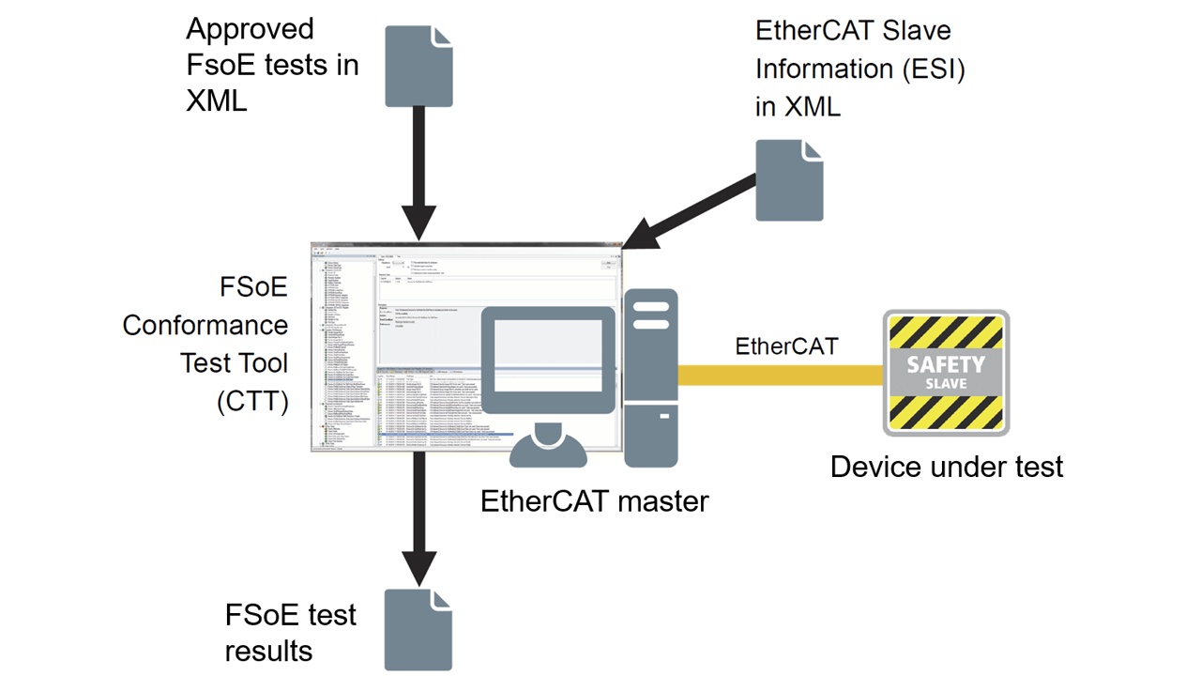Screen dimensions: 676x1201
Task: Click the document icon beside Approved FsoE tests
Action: click(418, 66)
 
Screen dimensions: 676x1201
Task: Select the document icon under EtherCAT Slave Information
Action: click(789, 180)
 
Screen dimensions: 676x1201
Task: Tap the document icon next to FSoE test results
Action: click(418, 630)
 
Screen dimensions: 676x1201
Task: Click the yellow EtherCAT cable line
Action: click(779, 375)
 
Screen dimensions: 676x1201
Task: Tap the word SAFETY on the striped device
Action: click(946, 364)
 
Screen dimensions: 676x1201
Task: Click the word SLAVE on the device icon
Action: click(946, 384)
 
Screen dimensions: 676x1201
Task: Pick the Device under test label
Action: click(947, 466)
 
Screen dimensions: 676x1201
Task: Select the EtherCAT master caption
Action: click(594, 501)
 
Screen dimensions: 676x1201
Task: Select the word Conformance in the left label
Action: click(205, 325)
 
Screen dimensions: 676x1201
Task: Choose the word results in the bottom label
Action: click(268, 651)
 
